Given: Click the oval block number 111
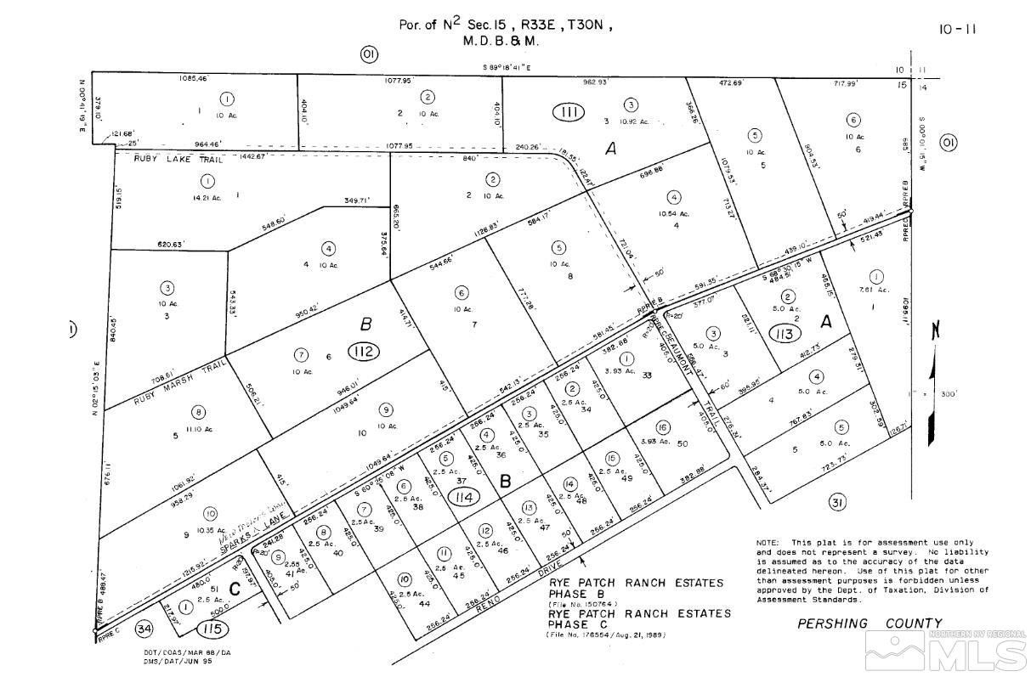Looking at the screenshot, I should tap(569, 112).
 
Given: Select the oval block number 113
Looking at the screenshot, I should tap(784, 334).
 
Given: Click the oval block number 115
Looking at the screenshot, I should tap(212, 629).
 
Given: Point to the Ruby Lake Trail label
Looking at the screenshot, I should tap(178, 159).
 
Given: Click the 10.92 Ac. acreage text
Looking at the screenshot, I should tap(632, 121).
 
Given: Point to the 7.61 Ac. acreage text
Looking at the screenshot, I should tap(880, 290).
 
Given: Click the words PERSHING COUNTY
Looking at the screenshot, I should tap(870, 623).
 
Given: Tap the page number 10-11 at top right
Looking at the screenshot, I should tap(958, 29).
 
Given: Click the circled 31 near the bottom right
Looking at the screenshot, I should tap(838, 503).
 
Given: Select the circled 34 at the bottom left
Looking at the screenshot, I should tap(144, 629).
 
